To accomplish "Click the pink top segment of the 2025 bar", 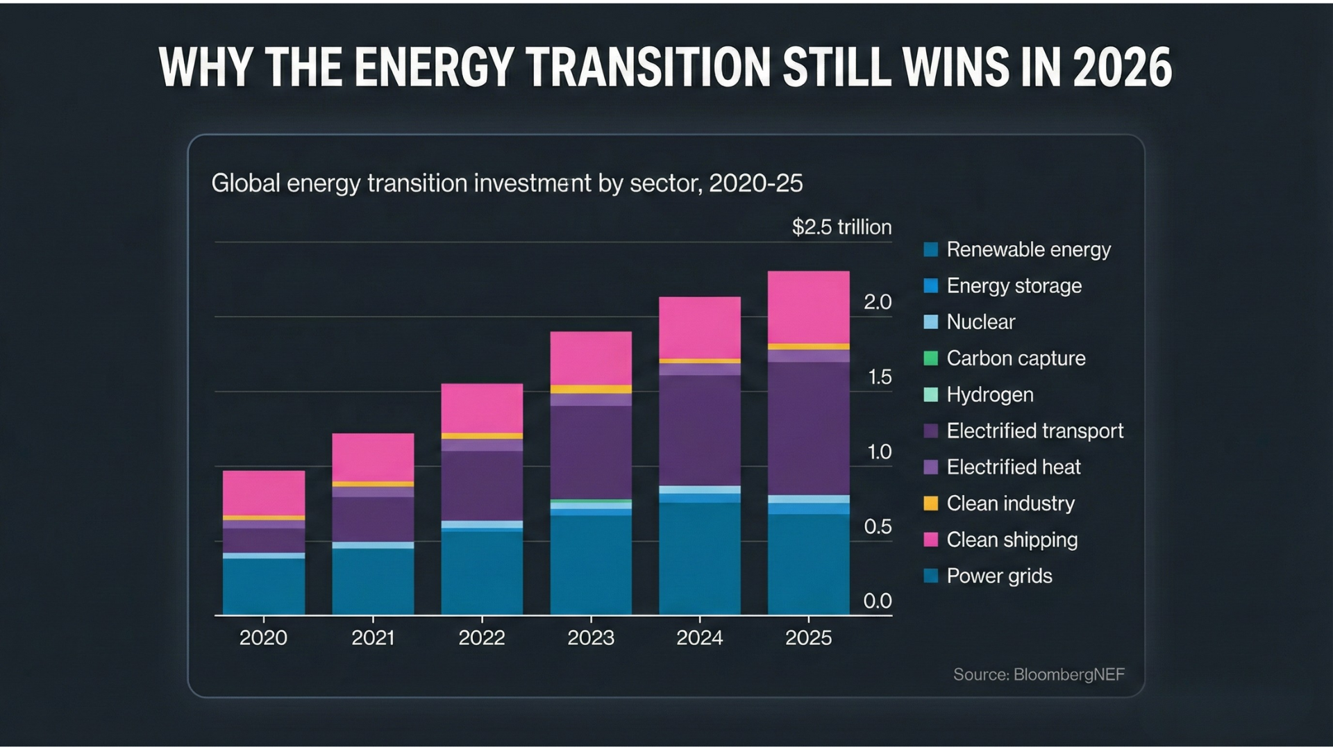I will (x=808, y=307).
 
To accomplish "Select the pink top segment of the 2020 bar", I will (x=263, y=492).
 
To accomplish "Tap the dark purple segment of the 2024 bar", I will (x=699, y=430).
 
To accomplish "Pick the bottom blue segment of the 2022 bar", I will (x=482, y=572).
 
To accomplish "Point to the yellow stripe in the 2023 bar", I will (x=591, y=390).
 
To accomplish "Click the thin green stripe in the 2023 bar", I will (x=591, y=501).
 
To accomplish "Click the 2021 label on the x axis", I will (x=373, y=637).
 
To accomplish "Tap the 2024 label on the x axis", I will (x=699, y=637).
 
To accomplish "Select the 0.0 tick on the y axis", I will (x=877, y=601).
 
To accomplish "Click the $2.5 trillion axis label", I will (x=841, y=227).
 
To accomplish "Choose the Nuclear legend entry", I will (x=980, y=322).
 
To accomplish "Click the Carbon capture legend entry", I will (x=1015, y=358).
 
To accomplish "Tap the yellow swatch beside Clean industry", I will (x=931, y=503).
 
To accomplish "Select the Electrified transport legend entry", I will (x=1034, y=431).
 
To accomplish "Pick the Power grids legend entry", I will (x=998, y=576).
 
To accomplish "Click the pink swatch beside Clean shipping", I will (x=931, y=540).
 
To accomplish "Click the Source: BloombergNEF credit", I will (x=1038, y=674).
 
